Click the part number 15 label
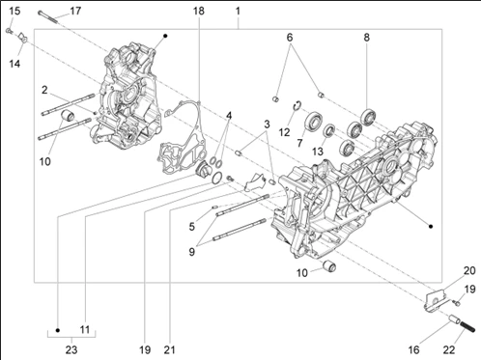click(14, 11)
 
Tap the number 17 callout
click(75, 11)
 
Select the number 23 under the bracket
click(71, 349)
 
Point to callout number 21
click(170, 349)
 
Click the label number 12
click(285, 132)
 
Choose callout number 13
click(318, 152)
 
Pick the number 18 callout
click(199, 11)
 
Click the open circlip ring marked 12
click(297, 105)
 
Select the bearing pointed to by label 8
click(368, 117)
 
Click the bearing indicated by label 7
click(314, 121)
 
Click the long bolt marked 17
click(48, 16)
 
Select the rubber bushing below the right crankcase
click(329, 265)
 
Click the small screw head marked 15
click(9, 31)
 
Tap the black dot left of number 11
click(58, 330)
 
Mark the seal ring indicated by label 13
click(329, 130)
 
